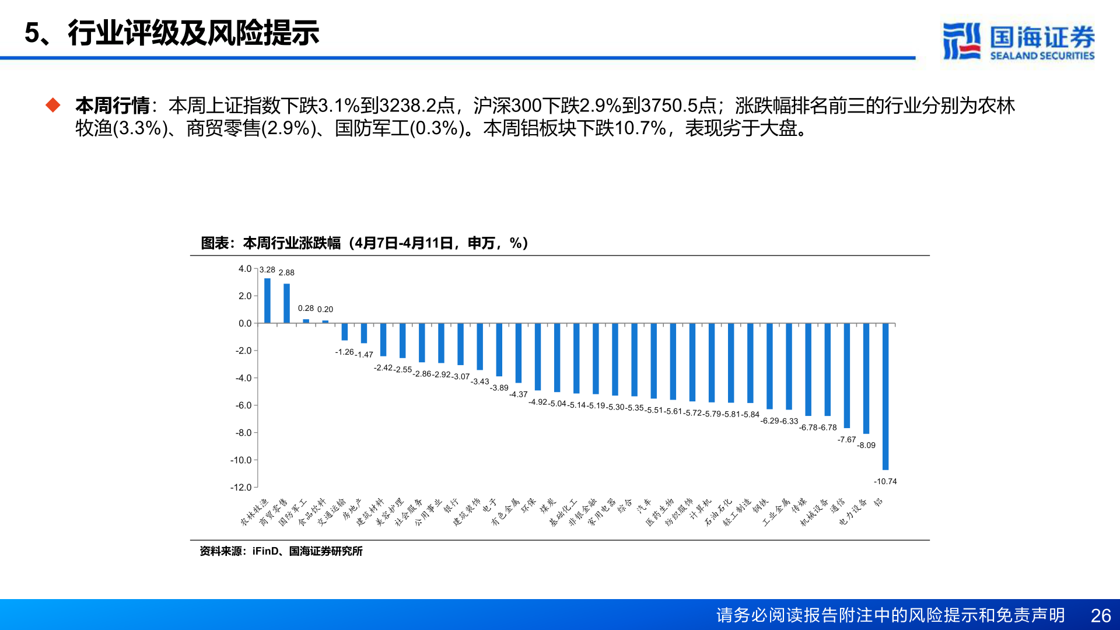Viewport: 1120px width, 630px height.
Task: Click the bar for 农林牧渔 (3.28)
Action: [267, 300]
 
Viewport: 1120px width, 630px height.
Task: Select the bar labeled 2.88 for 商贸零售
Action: [286, 303]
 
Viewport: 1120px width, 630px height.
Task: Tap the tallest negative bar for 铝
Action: [885, 397]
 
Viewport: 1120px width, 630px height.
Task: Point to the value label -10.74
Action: [885, 481]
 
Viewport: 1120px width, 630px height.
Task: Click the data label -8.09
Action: [866, 445]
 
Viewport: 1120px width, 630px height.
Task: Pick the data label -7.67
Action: [846, 439]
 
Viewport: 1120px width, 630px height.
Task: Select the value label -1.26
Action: [344, 352]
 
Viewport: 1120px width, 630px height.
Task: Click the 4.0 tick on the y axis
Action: [244, 269]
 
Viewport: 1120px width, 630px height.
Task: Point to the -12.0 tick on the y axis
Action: [241, 487]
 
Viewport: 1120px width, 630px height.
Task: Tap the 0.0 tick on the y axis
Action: [244, 323]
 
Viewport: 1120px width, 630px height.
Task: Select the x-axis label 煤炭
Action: [548, 506]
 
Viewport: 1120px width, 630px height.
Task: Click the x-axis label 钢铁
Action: [760, 506]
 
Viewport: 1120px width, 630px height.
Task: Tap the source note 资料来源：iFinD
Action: [281, 551]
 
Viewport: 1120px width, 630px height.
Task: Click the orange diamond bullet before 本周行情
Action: [53, 105]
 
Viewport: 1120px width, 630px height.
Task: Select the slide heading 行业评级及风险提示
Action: [193, 33]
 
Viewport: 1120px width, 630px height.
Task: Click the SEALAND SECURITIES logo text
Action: [1042, 55]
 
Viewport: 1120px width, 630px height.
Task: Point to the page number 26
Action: [1100, 615]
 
